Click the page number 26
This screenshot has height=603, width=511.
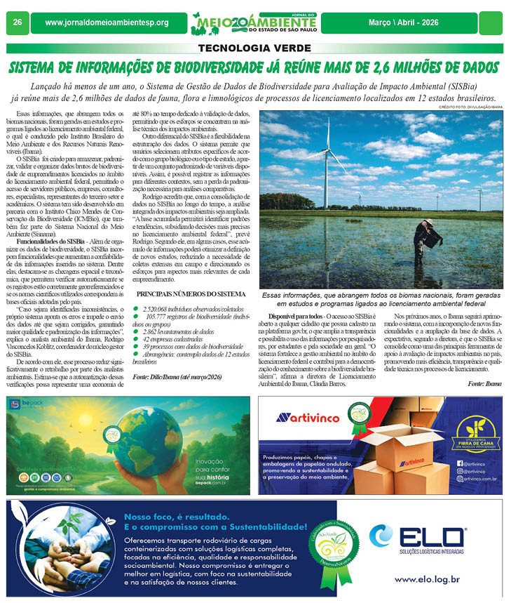coord(17,22)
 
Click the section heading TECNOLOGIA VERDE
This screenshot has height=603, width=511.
coord(255,48)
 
